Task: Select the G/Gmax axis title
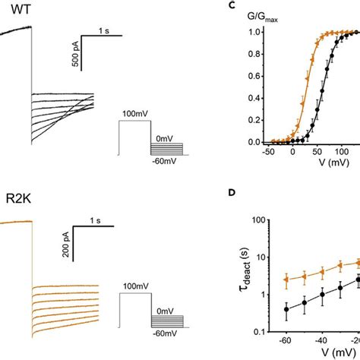(263, 14)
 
